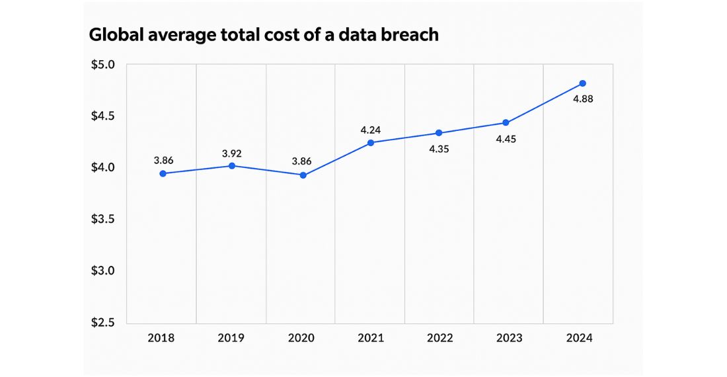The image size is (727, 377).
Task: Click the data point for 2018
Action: pos(163,173)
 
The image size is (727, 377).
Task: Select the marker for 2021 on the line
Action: pos(371,143)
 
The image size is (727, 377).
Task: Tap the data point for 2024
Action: pos(582,83)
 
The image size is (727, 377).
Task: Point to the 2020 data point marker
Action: pos(303,175)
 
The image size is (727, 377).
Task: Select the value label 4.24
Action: pos(371,130)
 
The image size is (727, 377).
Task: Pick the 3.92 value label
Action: pos(233,153)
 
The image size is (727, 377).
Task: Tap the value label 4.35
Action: pos(440,149)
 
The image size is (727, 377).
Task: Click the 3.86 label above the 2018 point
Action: pos(163,160)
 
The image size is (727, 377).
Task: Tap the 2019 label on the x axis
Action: pos(231,338)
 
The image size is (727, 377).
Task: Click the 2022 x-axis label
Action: pos(440,338)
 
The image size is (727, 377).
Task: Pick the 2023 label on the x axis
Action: pos(509,338)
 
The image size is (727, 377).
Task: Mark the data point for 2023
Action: pos(506,123)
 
